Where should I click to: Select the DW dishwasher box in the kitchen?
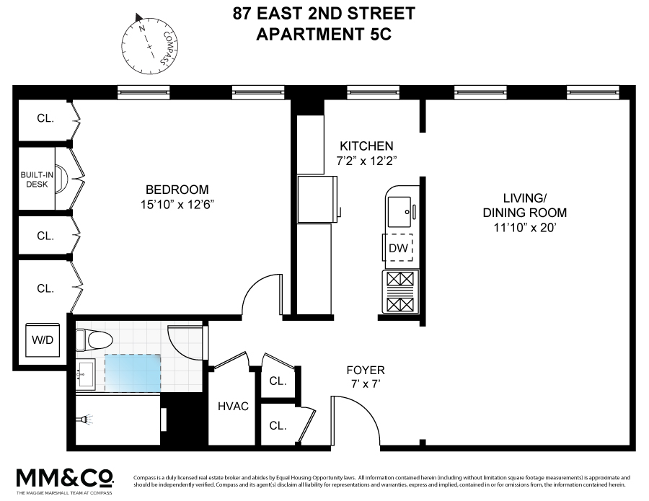pos(399,249)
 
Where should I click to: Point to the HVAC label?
pos(233,406)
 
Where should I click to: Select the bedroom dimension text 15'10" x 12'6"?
pos(177,204)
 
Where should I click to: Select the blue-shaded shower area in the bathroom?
pos(133,372)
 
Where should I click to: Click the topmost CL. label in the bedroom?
pos(45,118)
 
